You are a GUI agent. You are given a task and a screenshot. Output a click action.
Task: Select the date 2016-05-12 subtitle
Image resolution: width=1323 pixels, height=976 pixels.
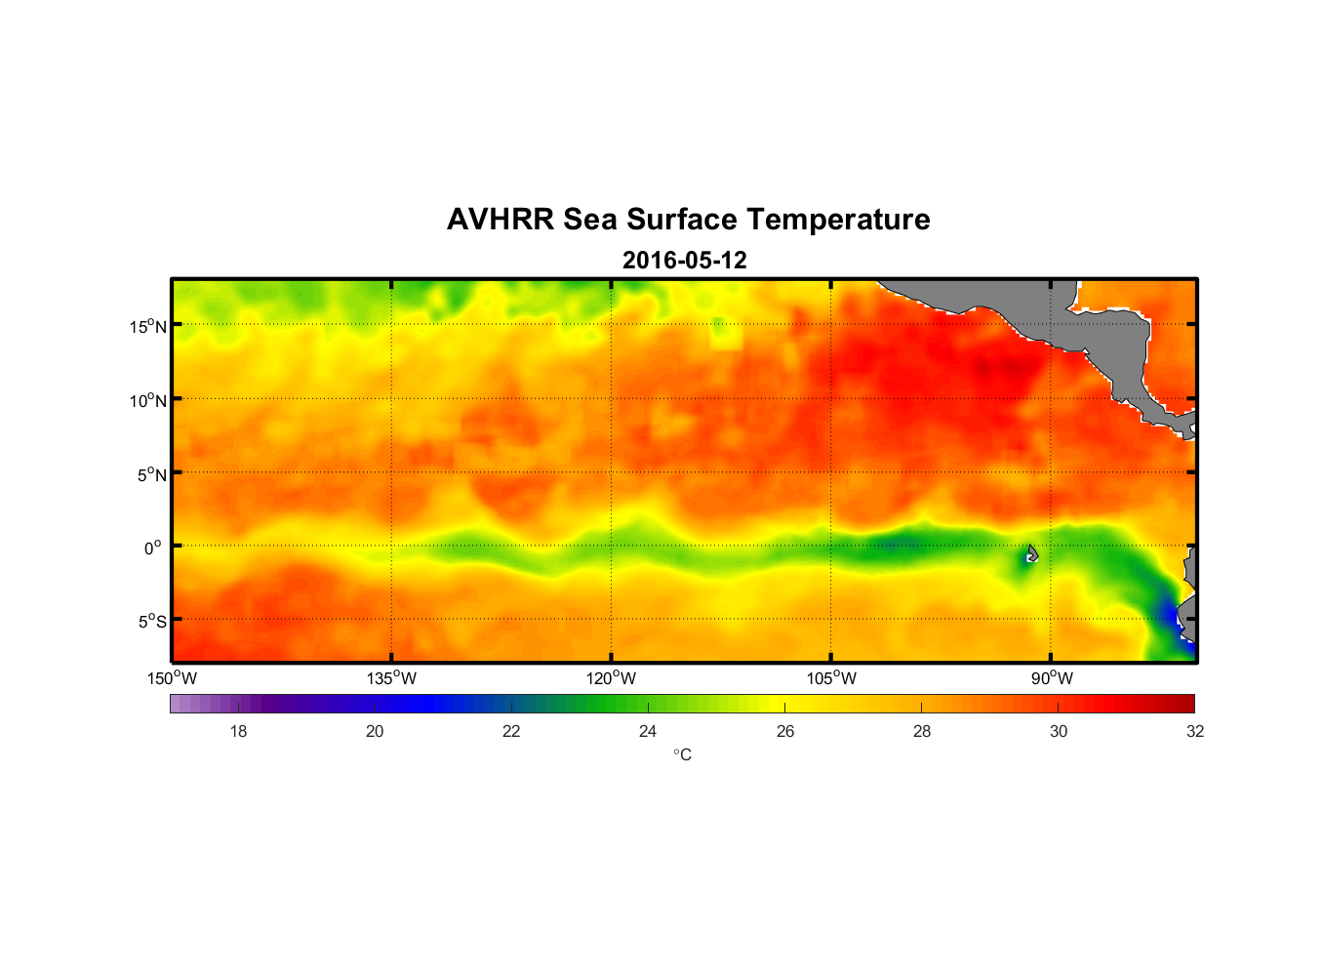click(x=684, y=261)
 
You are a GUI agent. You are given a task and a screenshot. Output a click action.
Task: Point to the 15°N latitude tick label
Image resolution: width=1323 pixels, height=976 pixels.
click(x=148, y=326)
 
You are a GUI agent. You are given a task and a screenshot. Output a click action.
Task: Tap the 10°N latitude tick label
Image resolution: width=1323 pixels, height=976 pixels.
click(x=148, y=400)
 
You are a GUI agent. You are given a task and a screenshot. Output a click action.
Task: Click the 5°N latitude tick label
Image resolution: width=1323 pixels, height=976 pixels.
click(x=151, y=474)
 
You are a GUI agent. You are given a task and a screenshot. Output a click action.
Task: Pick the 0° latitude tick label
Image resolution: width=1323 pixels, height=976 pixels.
click(x=153, y=548)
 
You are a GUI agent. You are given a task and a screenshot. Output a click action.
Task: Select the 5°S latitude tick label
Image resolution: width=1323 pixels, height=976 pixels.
click(x=151, y=622)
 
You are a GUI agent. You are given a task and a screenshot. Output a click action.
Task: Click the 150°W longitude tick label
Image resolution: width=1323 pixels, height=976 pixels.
click(x=172, y=678)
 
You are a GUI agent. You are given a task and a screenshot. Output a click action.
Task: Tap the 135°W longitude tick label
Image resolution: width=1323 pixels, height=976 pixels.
click(x=391, y=678)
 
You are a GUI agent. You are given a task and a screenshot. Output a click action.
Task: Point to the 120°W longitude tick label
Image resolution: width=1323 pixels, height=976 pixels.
click(x=611, y=678)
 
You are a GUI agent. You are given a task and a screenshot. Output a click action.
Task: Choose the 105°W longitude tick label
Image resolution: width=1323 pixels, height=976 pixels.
click(x=831, y=678)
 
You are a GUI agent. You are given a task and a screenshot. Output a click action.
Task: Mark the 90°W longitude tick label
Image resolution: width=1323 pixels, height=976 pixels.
click(x=1052, y=678)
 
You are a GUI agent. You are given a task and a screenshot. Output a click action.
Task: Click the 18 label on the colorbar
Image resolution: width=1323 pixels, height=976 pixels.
click(x=238, y=731)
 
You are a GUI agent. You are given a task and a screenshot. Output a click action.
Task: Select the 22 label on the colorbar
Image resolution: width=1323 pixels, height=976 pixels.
click(x=511, y=731)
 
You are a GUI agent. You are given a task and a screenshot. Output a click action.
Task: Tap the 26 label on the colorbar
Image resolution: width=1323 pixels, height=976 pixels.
click(x=785, y=731)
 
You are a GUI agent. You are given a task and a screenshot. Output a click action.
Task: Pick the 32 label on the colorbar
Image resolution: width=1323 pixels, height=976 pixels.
click(x=1195, y=731)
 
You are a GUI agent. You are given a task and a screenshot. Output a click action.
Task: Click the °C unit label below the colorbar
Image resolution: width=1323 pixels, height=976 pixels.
click(x=682, y=754)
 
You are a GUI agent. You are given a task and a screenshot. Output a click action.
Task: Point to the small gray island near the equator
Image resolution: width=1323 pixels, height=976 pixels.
click(x=1032, y=553)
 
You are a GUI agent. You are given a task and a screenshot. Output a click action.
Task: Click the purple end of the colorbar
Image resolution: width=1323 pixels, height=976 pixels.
click(x=180, y=704)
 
